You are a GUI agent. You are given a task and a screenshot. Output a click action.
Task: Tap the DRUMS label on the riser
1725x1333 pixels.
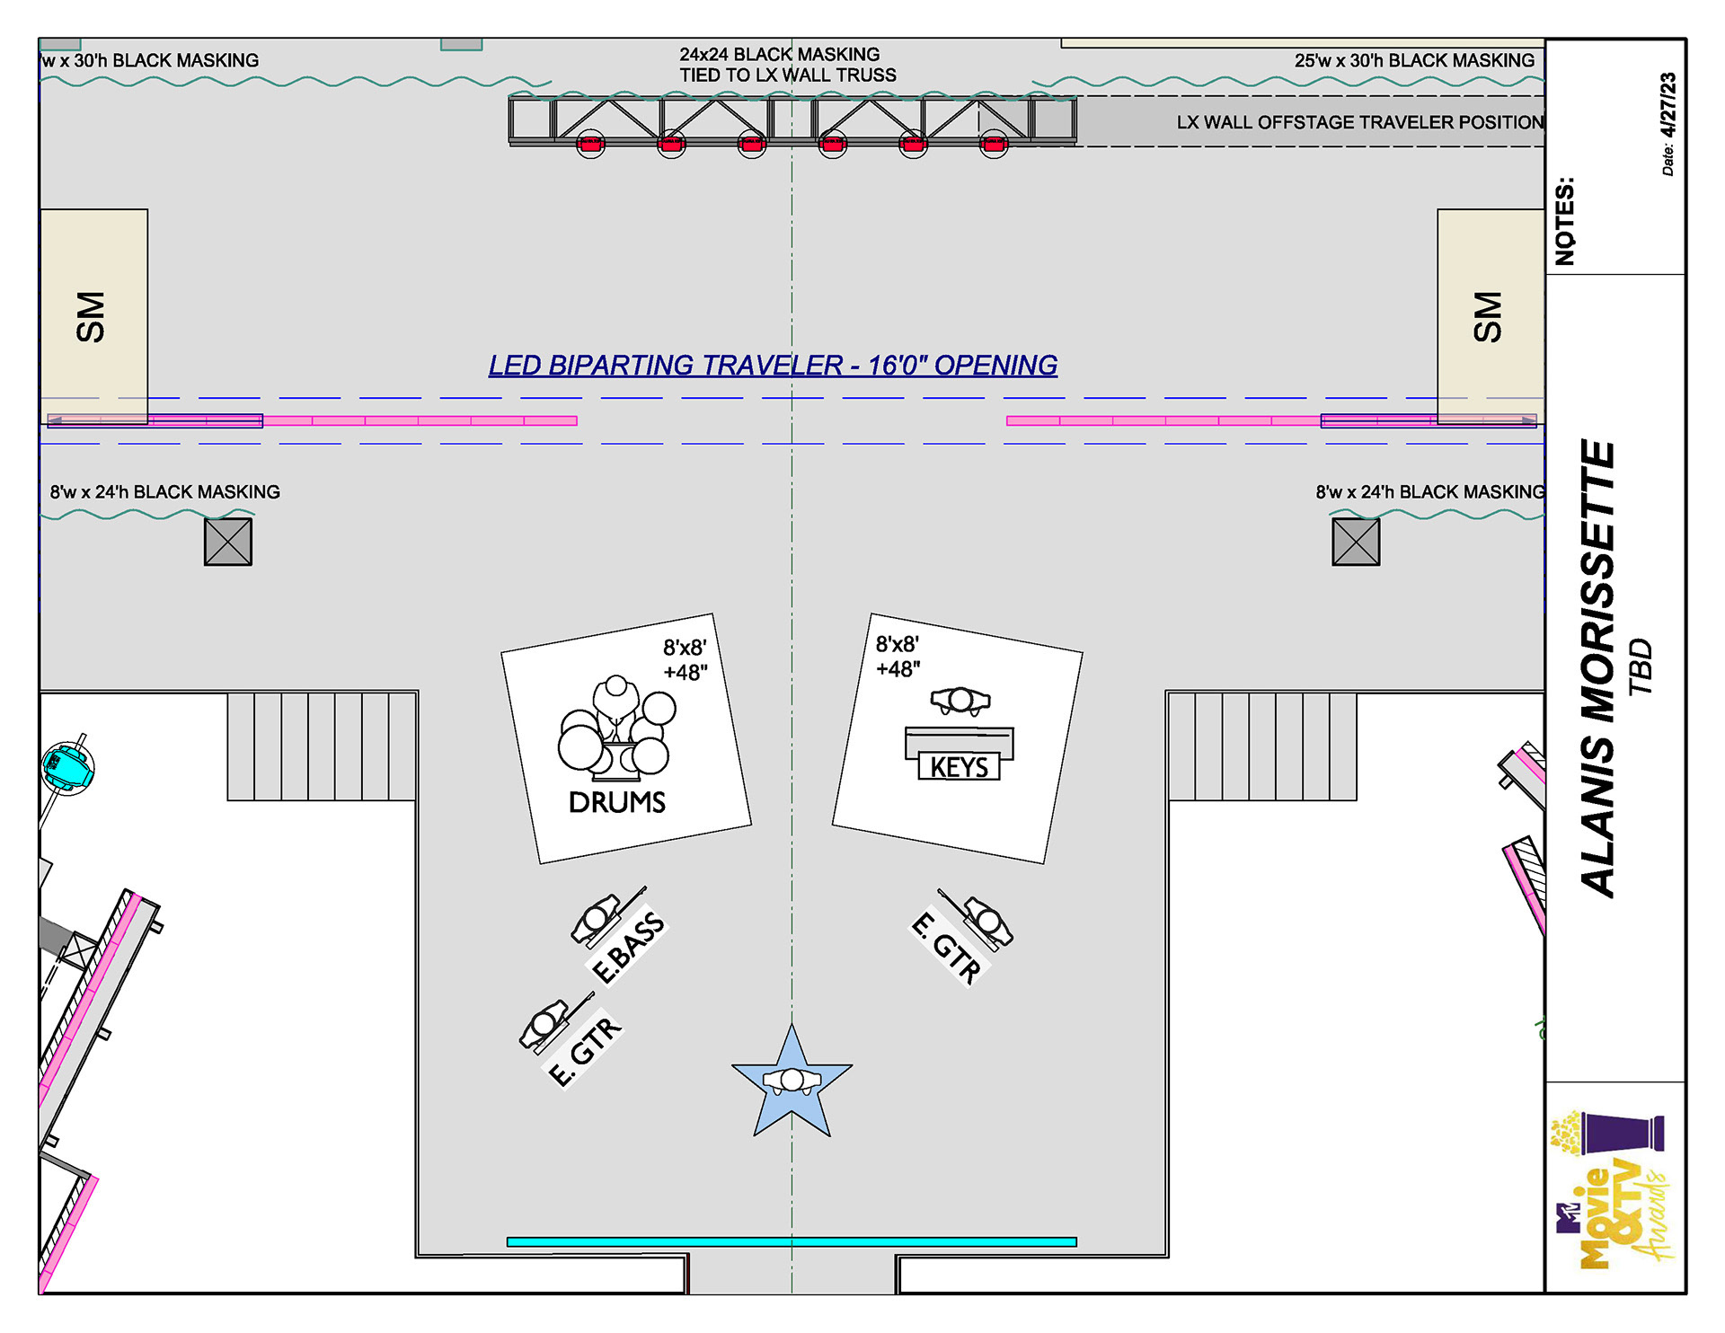(617, 802)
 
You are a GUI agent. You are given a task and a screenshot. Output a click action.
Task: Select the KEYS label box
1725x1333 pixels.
(959, 767)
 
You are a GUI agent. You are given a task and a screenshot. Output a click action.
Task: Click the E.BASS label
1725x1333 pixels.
(629, 947)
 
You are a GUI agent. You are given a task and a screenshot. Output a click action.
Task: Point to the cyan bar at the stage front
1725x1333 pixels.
(792, 1242)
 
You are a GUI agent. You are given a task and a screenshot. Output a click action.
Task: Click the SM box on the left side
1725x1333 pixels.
(93, 316)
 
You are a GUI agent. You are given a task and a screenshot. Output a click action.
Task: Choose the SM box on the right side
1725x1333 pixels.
(1491, 316)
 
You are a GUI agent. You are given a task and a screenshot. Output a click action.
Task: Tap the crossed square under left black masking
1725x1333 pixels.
(228, 542)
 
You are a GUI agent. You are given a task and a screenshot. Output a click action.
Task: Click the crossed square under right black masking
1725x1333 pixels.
(1356, 542)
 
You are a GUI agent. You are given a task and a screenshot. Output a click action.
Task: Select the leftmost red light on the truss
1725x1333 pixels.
(590, 144)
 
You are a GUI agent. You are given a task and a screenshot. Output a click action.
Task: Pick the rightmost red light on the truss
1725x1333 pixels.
(994, 144)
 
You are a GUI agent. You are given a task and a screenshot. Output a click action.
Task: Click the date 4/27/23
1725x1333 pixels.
(1668, 105)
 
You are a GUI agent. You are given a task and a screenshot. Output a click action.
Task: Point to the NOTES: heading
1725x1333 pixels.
(1565, 221)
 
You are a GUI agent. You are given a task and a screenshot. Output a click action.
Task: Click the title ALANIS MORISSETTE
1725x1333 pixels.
(1598, 668)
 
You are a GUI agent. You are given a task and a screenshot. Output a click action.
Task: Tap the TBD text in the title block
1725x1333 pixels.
(1641, 666)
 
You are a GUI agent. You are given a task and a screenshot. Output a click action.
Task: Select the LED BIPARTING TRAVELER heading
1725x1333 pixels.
(773, 366)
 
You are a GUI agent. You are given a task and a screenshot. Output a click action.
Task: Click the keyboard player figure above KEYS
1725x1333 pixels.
(960, 700)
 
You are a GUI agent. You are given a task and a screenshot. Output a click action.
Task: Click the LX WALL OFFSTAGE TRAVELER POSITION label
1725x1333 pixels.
(1360, 122)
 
